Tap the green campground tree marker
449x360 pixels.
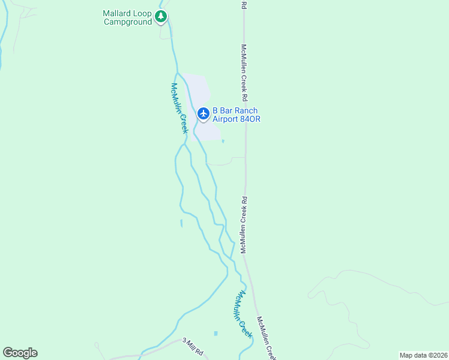point(160,16)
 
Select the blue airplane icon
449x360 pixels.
point(203,113)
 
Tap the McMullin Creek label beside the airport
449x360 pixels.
point(179,108)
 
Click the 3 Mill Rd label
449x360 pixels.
point(194,346)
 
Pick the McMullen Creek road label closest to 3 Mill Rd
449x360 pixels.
point(267,338)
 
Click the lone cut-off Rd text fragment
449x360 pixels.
point(244,5)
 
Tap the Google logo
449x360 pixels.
point(20,353)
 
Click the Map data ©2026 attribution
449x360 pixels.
point(423,355)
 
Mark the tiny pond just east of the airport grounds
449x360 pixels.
point(223,142)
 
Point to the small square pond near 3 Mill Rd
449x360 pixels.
point(215,333)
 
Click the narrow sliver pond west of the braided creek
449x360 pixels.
point(181,223)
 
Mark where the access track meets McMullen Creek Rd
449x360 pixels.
point(246,158)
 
